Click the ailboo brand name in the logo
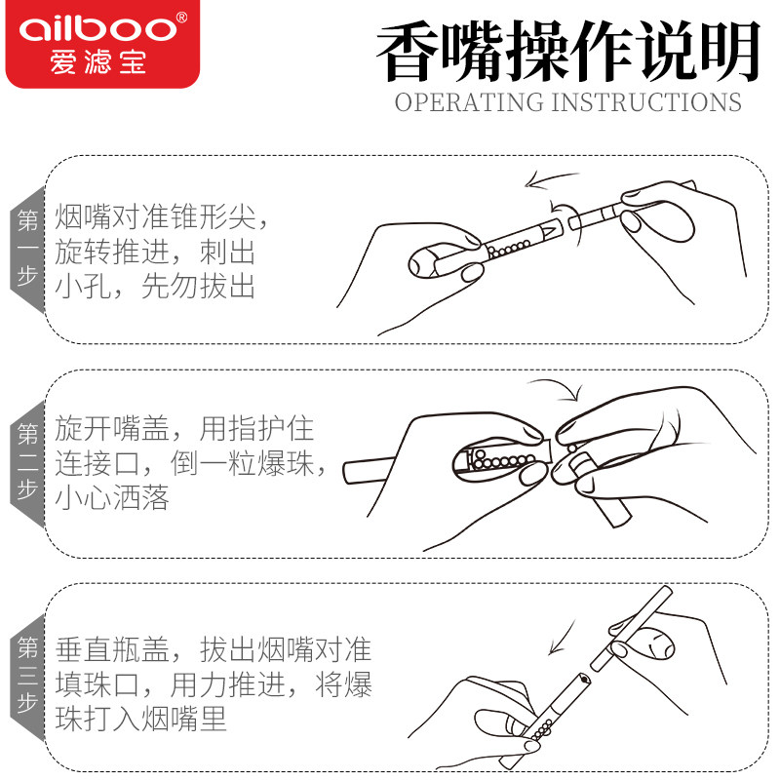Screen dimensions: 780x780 (x=97, y=29)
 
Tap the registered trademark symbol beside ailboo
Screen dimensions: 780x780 (x=181, y=18)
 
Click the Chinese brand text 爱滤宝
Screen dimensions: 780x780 (x=98, y=62)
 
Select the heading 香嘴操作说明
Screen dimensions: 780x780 (x=568, y=51)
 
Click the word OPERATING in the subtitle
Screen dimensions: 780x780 (x=469, y=102)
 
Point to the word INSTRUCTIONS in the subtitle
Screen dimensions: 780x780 (x=646, y=102)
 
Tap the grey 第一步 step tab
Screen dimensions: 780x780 (x=28, y=250)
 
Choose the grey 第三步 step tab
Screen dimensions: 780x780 (x=28, y=678)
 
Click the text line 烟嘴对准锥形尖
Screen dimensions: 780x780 (x=162, y=216)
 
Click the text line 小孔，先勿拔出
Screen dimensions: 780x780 (x=155, y=286)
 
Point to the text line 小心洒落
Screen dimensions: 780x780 (x=112, y=497)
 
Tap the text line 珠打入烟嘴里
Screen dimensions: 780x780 (x=140, y=719)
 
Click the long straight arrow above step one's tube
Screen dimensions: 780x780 (x=551, y=178)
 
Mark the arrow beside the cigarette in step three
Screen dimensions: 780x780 (x=563, y=638)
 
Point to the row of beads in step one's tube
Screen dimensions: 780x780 (x=508, y=249)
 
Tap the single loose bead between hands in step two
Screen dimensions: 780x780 (x=572, y=448)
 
